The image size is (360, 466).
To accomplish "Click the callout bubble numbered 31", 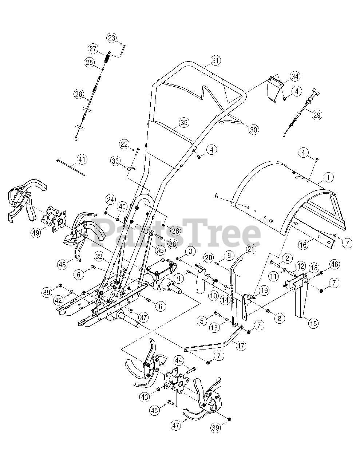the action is click(x=216, y=60).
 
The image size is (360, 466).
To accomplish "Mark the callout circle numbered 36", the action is click(x=184, y=123).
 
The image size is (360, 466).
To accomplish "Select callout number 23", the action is click(x=112, y=37).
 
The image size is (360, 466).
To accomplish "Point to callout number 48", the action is click(x=63, y=264).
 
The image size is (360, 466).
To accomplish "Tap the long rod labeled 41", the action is click(x=71, y=167).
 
